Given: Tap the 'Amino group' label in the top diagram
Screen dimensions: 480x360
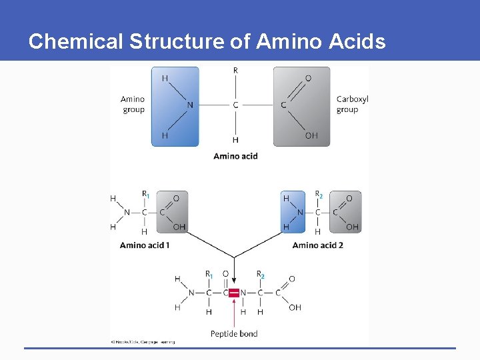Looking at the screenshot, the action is (133, 105).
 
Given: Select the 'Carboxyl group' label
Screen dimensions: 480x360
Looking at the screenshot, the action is (352, 105).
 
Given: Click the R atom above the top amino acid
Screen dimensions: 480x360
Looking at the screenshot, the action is (235, 71).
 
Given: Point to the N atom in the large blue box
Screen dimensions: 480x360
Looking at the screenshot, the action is (190, 105).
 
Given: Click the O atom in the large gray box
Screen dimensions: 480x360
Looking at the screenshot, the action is (308, 79).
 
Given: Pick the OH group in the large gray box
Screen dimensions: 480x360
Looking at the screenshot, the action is (311, 136).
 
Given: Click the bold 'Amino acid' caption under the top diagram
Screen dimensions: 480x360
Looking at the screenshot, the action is (235, 156).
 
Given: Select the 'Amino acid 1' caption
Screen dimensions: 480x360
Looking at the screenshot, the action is (145, 245).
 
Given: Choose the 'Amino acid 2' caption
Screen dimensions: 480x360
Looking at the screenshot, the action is (318, 245).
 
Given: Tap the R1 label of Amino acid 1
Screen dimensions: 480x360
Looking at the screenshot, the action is (145, 195).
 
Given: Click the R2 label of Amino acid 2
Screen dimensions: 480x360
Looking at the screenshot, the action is (319, 195).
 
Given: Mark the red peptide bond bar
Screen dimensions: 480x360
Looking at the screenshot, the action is (234, 293).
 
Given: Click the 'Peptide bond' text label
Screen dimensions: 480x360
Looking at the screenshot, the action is (234, 333).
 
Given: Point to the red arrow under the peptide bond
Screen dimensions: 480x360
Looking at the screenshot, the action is (234, 313).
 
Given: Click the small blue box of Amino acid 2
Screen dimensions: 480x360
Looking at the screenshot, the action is (294, 212).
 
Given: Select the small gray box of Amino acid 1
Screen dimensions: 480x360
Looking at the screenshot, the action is (172, 212).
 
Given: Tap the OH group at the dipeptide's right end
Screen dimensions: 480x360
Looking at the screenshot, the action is (295, 308).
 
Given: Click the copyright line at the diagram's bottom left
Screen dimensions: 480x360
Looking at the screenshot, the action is (143, 342).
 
